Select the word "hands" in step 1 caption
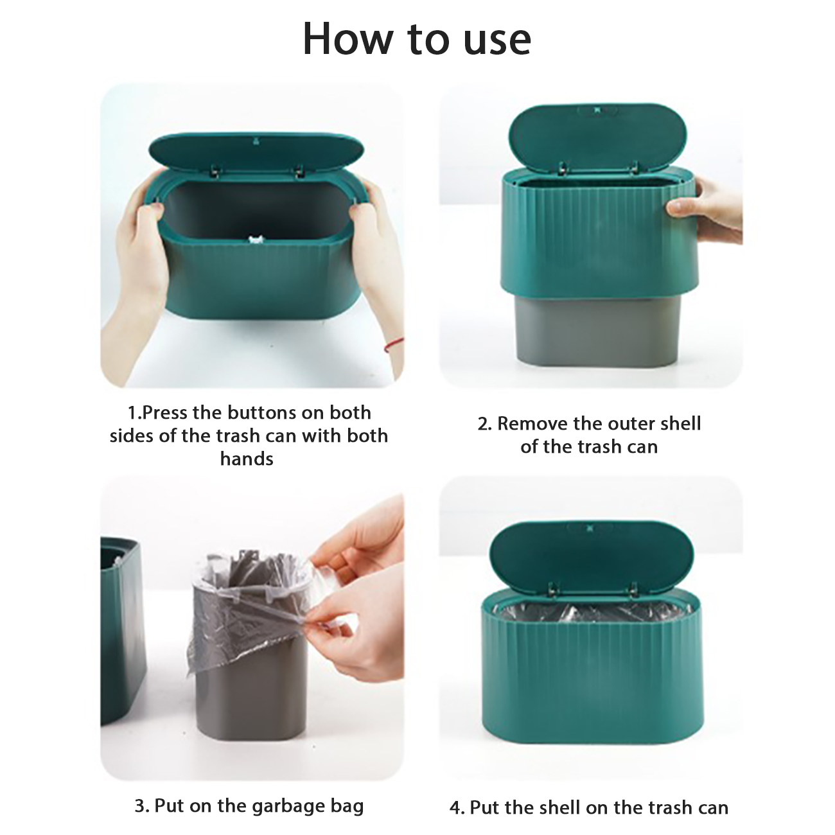[x=247, y=459]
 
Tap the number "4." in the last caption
[x=457, y=796]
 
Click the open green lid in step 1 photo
[x=256, y=152]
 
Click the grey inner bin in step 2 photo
[x=595, y=331]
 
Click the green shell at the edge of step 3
[x=123, y=631]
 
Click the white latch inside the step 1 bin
[x=255, y=240]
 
